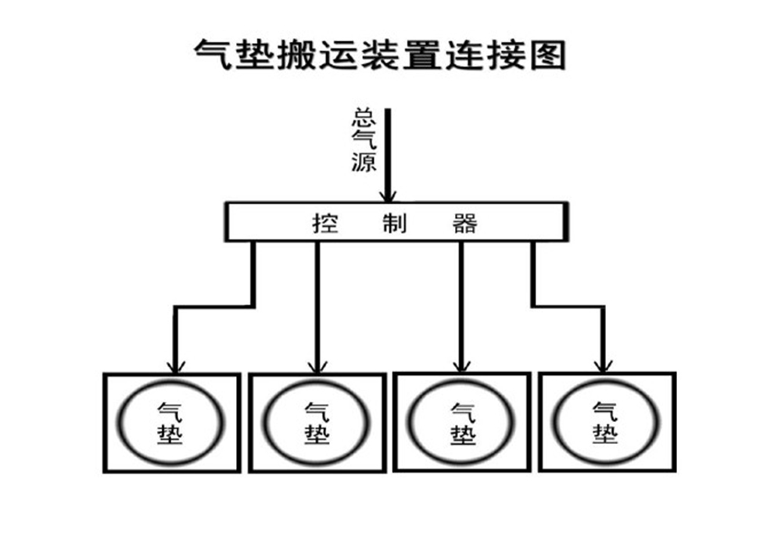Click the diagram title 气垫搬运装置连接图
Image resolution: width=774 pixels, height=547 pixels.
pos(380,54)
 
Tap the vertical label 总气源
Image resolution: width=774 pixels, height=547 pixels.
pos(364,141)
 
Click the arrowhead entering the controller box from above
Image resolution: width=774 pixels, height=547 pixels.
pos(388,196)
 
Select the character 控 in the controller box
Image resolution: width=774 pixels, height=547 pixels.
pos(326,223)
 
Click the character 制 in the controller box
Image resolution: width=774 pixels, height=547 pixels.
pos(395,223)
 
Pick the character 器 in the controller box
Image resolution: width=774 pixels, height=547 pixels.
pos(465,223)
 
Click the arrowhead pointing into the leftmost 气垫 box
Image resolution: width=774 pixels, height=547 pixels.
pos(176,367)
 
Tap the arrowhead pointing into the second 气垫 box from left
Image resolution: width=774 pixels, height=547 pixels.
pos(317,367)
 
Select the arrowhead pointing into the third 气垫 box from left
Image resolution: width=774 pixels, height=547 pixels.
pos(461,366)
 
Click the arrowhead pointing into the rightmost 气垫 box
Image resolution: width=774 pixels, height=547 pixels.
pos(604,366)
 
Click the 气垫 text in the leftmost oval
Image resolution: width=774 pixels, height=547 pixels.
pos(170,424)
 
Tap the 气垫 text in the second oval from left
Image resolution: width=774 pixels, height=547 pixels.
pos(317,424)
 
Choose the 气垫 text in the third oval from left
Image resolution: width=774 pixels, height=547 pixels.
pos(463,424)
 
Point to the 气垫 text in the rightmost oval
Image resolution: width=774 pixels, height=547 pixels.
pos(605,423)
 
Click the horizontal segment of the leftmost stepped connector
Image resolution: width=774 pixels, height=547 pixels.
pos(214,307)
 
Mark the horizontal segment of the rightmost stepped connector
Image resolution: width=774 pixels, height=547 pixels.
pos(568,307)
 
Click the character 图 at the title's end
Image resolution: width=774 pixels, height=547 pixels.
pos(547,54)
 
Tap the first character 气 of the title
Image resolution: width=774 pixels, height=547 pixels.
pos(212,54)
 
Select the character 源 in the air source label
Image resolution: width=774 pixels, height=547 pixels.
pos(364,163)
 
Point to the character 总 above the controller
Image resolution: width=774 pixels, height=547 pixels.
pos(364,118)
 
